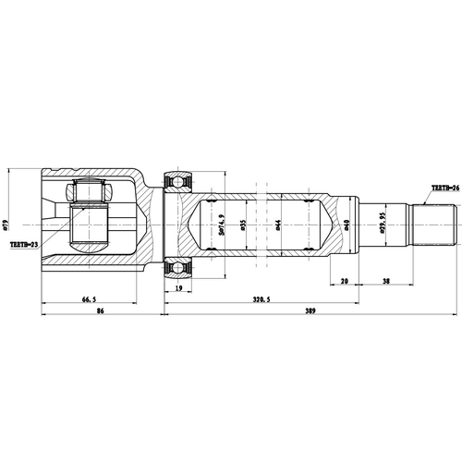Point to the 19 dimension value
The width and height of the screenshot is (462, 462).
(x=178, y=288)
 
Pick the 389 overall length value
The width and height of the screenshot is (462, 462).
(x=310, y=312)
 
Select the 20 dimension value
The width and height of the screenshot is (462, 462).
(x=343, y=280)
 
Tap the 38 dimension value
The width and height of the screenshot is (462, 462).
(x=384, y=280)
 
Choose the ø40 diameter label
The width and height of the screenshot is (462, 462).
(x=346, y=223)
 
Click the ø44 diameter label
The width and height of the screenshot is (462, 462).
(x=276, y=223)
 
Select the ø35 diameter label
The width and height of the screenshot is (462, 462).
(x=242, y=223)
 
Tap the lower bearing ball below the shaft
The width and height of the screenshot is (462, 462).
(x=178, y=268)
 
